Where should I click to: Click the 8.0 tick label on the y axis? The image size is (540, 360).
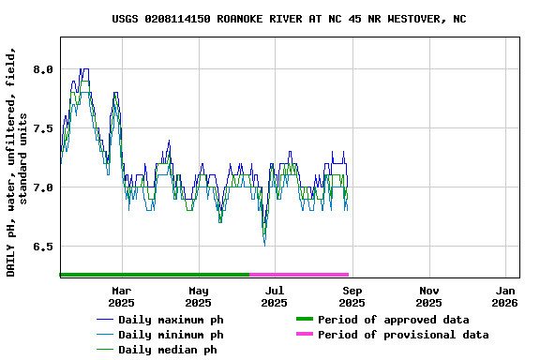(43, 69)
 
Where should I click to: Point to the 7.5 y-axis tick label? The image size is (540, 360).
(43, 128)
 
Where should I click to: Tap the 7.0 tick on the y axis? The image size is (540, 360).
(43, 187)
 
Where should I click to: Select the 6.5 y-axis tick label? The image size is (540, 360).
(43, 247)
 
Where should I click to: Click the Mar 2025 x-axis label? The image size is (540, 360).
(121, 296)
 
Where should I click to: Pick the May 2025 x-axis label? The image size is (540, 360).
(198, 296)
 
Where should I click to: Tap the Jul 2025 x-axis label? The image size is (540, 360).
(274, 296)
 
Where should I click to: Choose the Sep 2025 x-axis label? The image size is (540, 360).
(352, 296)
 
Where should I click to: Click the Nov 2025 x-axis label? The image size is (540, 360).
(428, 296)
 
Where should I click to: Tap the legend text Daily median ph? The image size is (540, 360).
(168, 350)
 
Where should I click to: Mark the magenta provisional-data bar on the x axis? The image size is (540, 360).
(299, 275)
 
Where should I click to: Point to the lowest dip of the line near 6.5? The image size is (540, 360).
(264, 245)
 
